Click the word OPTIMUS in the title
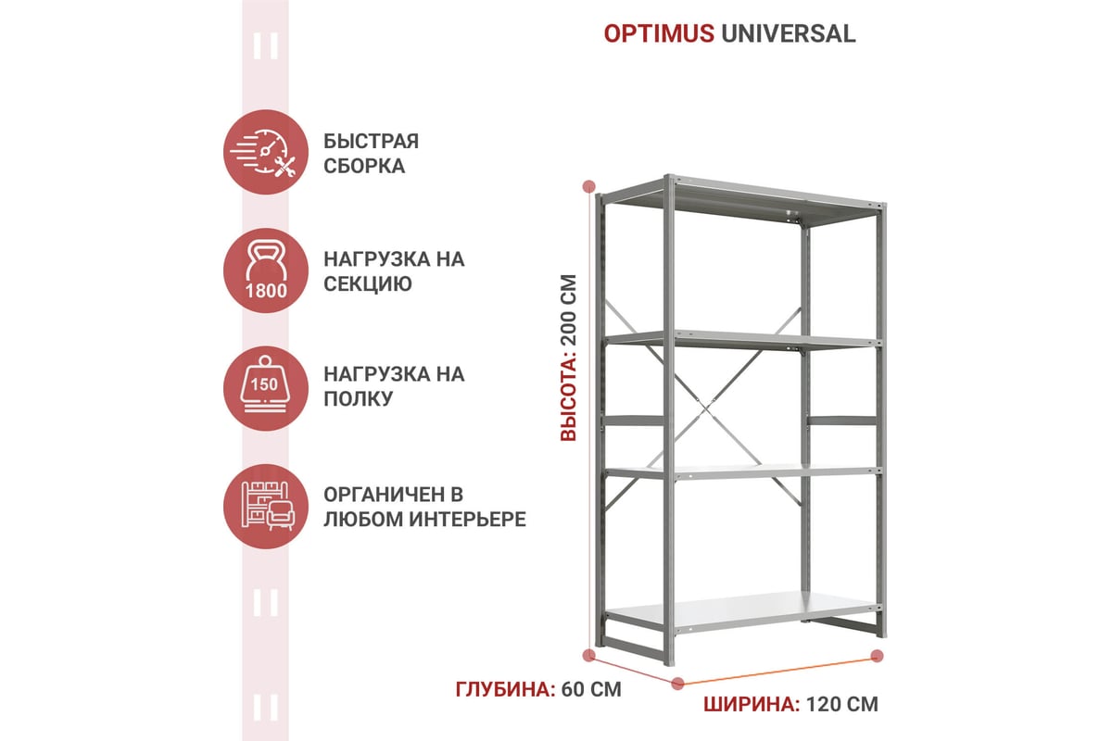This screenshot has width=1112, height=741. [x=659, y=33]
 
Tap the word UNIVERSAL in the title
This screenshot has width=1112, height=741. [x=789, y=33]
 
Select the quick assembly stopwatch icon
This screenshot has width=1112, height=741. [x=266, y=152]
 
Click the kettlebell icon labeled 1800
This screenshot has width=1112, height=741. [x=266, y=270]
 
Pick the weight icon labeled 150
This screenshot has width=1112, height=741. [x=266, y=389]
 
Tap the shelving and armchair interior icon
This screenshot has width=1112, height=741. [x=266, y=507]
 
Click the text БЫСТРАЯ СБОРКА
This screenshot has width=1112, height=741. [x=372, y=154]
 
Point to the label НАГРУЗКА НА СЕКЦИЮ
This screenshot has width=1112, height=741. [x=394, y=271]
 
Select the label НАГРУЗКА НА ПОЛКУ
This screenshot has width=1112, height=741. [x=394, y=386]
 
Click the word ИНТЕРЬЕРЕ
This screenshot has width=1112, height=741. [x=468, y=519]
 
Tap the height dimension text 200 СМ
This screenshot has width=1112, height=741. [x=568, y=310]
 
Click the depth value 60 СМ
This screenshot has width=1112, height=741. [x=591, y=689]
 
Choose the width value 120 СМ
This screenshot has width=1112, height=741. [x=842, y=704]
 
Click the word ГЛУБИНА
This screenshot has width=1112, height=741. [x=505, y=689]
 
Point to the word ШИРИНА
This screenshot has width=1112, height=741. [x=752, y=704]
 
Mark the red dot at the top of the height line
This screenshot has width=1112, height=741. [x=588, y=186]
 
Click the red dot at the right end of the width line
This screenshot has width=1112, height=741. [x=878, y=656]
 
